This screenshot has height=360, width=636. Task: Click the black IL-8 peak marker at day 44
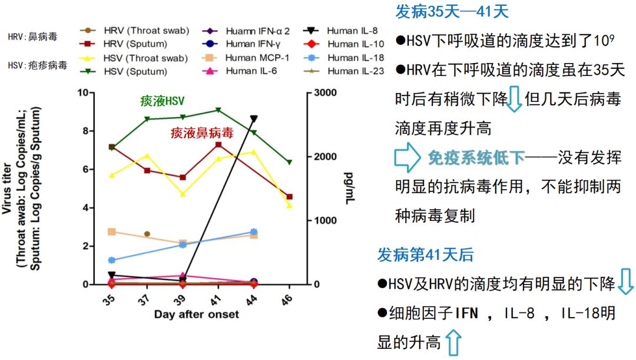click(x=253, y=119)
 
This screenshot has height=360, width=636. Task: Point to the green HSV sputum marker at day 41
click(x=218, y=110)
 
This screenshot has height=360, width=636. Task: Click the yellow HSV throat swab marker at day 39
click(x=183, y=194)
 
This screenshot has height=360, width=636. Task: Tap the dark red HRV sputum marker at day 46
click(x=289, y=197)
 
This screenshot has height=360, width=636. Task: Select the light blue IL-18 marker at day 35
click(x=111, y=260)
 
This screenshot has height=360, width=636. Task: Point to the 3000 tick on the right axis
click(x=326, y=93)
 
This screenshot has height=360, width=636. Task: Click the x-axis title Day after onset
click(x=197, y=314)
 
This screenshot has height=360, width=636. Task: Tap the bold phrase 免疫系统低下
click(x=476, y=157)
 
